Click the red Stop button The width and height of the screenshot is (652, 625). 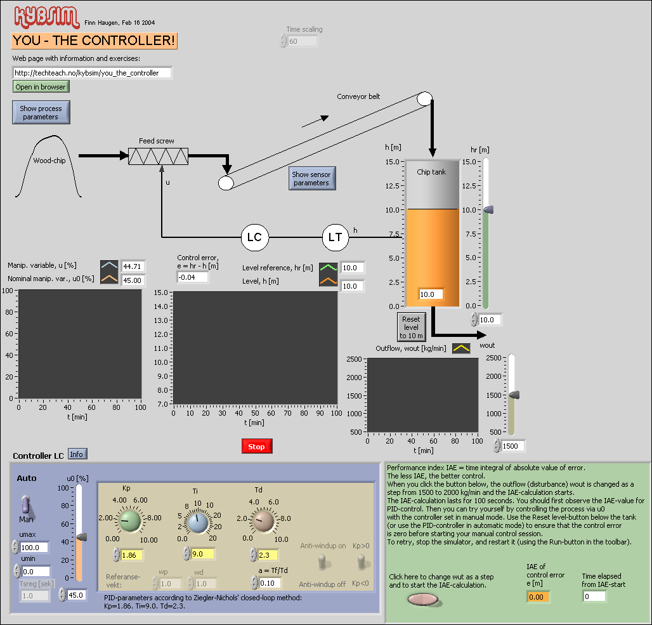(x=257, y=447)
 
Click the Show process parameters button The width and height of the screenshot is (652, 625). (x=41, y=112)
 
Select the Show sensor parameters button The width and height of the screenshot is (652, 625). (x=311, y=178)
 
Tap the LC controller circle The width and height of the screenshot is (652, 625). (x=254, y=237)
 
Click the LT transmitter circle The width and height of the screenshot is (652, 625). (x=335, y=237)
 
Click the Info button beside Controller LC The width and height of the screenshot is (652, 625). (x=77, y=454)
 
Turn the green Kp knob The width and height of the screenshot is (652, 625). (x=131, y=521)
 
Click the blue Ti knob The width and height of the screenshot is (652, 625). (x=197, y=522)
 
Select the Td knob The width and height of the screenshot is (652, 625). (x=263, y=521)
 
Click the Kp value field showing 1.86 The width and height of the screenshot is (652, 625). (x=135, y=555)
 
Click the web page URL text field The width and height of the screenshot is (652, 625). (x=92, y=73)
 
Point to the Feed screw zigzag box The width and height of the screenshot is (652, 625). (x=158, y=156)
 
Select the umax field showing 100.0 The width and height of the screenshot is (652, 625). (x=35, y=547)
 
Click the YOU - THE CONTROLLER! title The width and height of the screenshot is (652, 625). (x=94, y=41)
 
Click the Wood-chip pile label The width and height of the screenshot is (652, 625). (x=49, y=161)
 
